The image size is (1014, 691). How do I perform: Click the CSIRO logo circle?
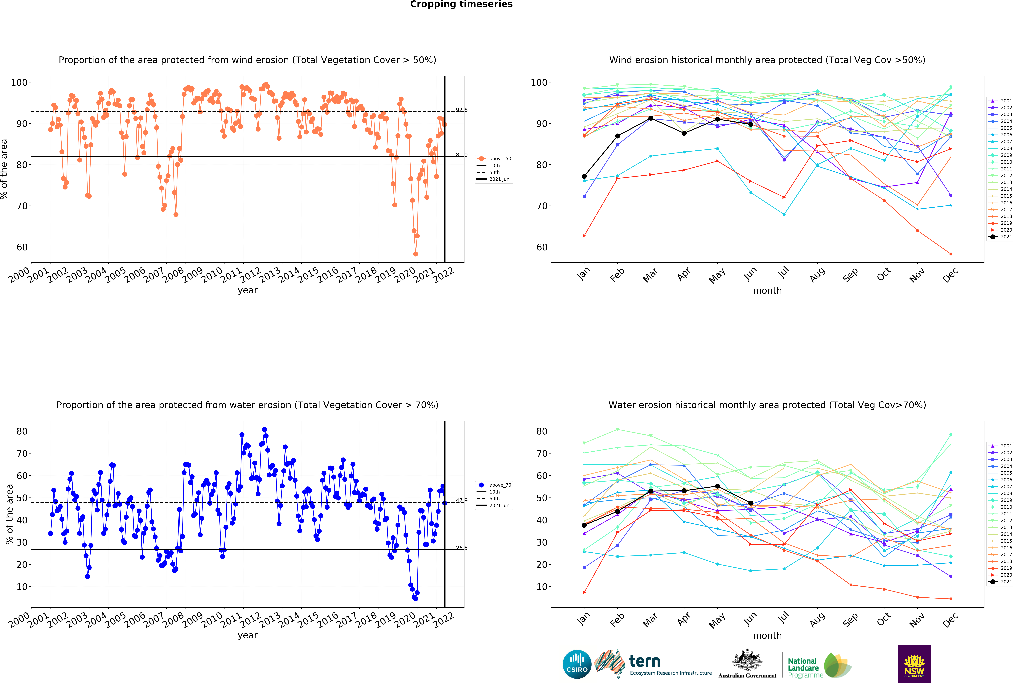pos(577,664)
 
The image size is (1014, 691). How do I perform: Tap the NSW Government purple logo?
pos(914,664)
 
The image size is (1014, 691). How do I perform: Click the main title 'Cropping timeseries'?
pos(461,4)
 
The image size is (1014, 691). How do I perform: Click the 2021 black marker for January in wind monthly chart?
pos(584,176)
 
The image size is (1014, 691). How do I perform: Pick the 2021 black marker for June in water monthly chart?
pos(750,503)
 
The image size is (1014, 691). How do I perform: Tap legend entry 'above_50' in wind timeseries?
pos(500,159)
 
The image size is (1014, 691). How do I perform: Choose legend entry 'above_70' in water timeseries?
pos(500,485)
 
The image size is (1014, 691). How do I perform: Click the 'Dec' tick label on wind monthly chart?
pos(950,275)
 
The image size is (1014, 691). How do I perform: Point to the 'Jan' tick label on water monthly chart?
pos(583,620)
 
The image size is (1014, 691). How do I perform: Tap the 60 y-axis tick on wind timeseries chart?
pos(22,247)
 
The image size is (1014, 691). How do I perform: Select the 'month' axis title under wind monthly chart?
pos(767,291)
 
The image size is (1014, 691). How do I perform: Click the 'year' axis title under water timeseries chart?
pos(247,635)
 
